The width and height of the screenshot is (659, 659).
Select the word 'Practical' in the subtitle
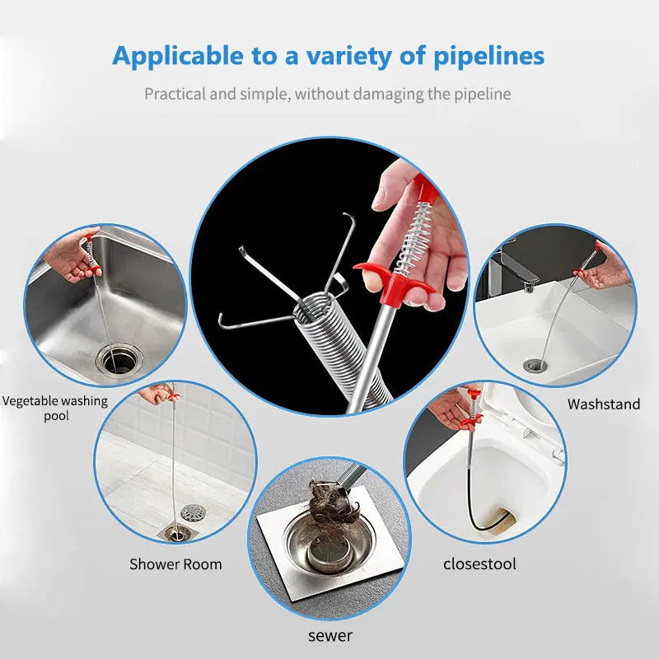(174, 94)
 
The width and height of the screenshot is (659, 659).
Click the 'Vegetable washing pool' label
(55, 408)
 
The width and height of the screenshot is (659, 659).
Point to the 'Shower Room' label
(175, 564)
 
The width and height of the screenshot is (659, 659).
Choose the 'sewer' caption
(330, 635)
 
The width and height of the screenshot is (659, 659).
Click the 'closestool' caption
(479, 564)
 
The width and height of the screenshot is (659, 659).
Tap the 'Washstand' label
(603, 404)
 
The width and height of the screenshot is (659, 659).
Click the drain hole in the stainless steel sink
(117, 359)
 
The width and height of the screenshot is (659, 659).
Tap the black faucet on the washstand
(515, 268)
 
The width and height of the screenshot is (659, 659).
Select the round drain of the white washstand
(534, 364)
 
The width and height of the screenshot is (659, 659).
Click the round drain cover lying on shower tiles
(193, 512)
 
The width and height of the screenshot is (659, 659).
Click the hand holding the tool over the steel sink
(70, 257)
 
